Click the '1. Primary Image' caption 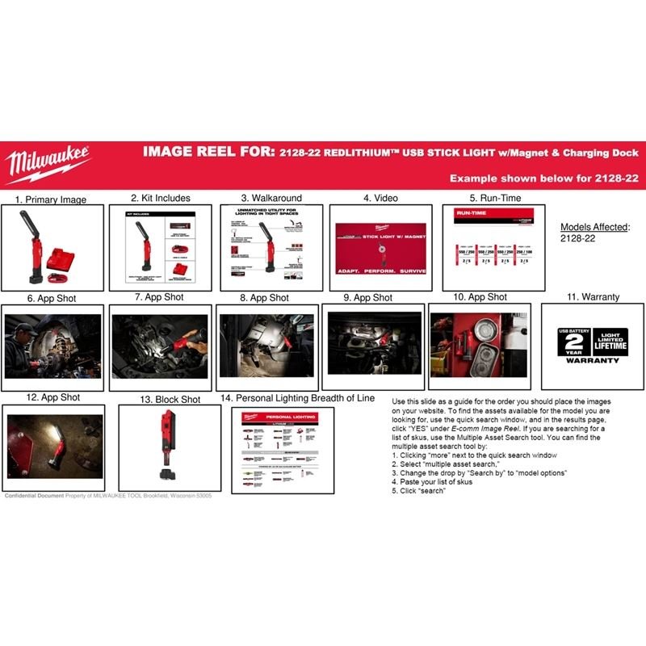pos(50,199)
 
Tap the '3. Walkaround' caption pos(271,197)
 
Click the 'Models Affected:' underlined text pos(594,227)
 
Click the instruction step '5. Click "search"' pos(419,491)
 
